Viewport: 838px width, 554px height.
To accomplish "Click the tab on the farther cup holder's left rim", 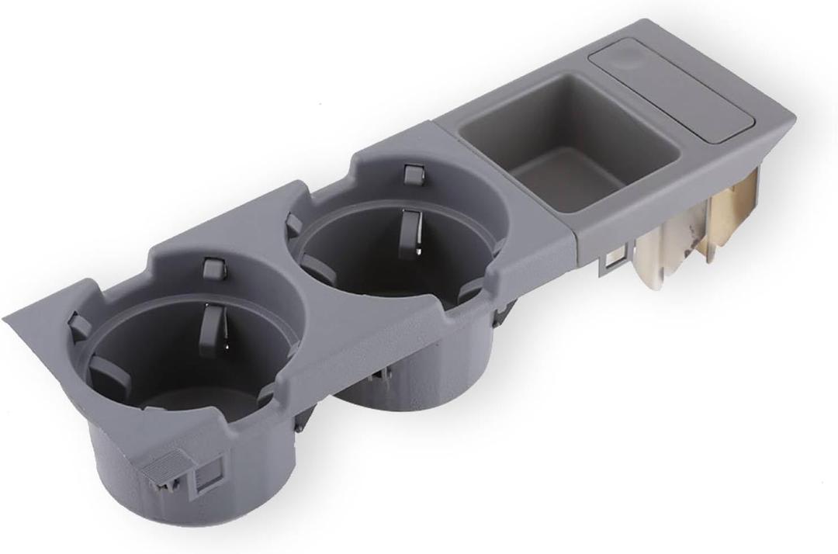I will [x=294, y=225].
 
